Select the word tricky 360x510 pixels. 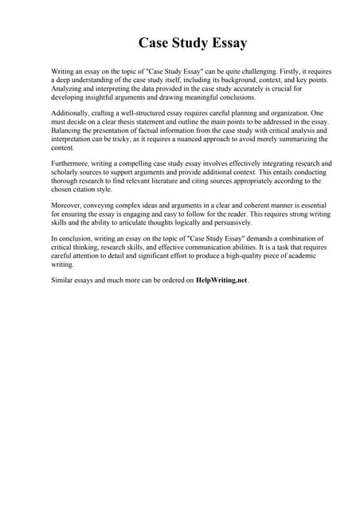[x=144, y=139]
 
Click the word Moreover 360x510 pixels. [x=67, y=205]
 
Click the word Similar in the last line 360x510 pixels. [x=64, y=280]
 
